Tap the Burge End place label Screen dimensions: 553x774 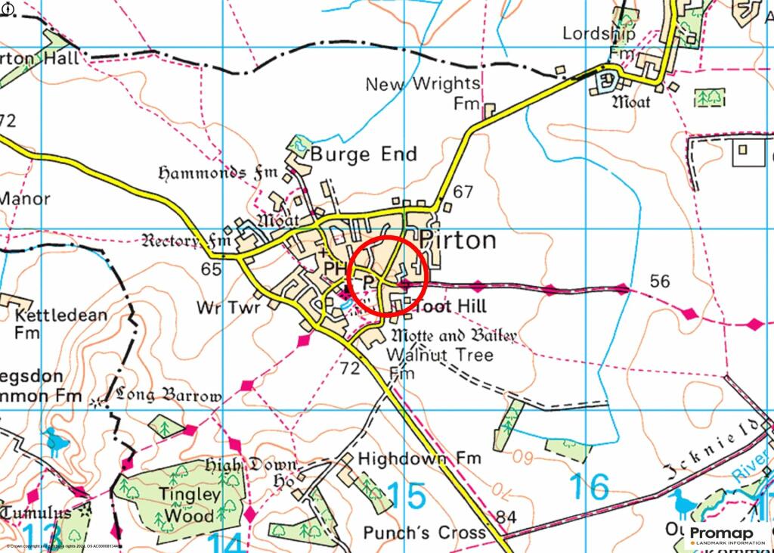point(364,155)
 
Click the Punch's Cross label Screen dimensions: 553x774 point(425,533)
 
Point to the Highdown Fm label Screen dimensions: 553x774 point(420,458)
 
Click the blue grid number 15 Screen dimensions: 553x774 point(407,495)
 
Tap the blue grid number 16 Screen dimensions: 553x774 point(590,487)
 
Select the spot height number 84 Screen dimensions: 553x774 point(508,517)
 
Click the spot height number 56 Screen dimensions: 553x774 point(660,281)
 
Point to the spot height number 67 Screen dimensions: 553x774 point(463,192)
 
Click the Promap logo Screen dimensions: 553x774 point(727,535)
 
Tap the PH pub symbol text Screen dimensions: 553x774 point(333,269)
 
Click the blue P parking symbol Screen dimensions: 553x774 point(368,281)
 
